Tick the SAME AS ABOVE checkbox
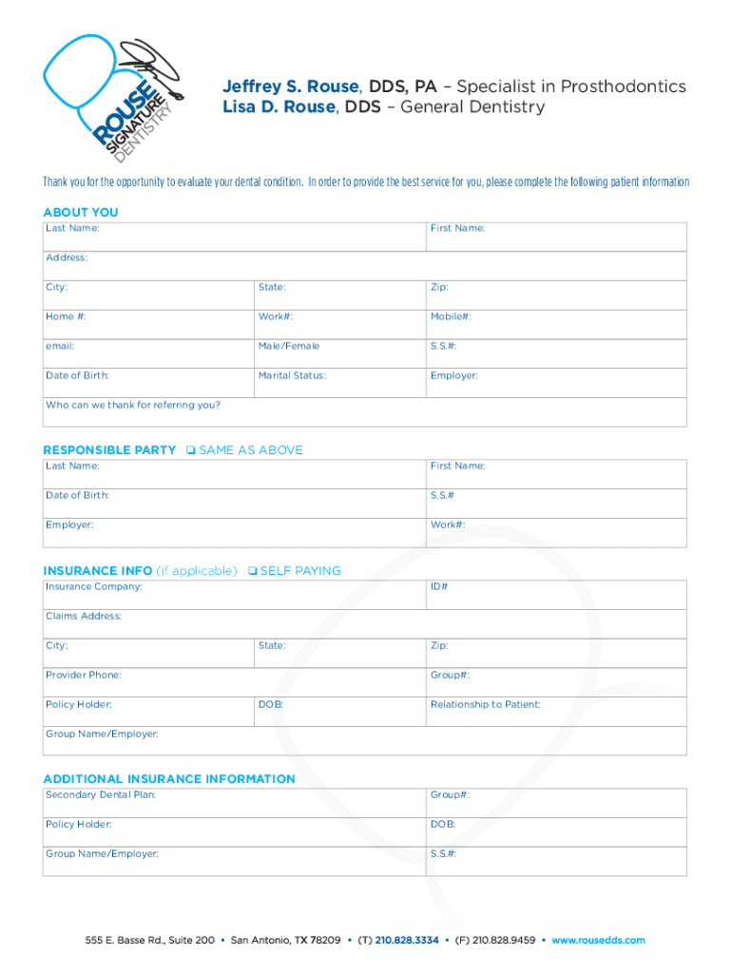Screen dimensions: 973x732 (x=190, y=450)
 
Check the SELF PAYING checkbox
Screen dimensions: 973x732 (x=251, y=571)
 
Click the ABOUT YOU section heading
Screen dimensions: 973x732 (x=81, y=213)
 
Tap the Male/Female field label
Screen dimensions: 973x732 (x=289, y=346)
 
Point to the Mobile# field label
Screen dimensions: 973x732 (x=451, y=316)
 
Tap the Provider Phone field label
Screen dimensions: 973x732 (x=84, y=675)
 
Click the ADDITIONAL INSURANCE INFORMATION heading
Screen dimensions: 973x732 (x=169, y=779)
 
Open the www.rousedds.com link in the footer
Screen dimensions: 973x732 (x=598, y=941)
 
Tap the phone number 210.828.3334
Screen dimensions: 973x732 (x=407, y=941)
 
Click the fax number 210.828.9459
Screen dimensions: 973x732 (x=503, y=941)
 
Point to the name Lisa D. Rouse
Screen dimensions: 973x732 (x=278, y=107)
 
